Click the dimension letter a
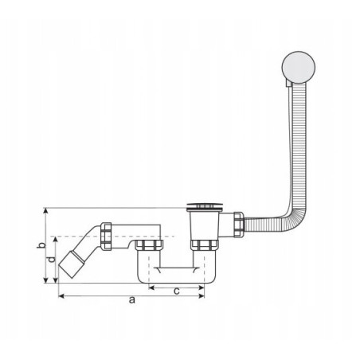(x=132, y=299)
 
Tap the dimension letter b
(x=41, y=245)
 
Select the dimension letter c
(x=177, y=291)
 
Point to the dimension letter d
(x=52, y=259)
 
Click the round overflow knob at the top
(x=299, y=67)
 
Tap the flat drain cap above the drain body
(x=205, y=206)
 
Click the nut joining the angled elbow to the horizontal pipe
(x=106, y=237)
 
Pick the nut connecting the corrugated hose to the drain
(x=238, y=224)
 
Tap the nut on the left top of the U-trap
(x=149, y=245)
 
